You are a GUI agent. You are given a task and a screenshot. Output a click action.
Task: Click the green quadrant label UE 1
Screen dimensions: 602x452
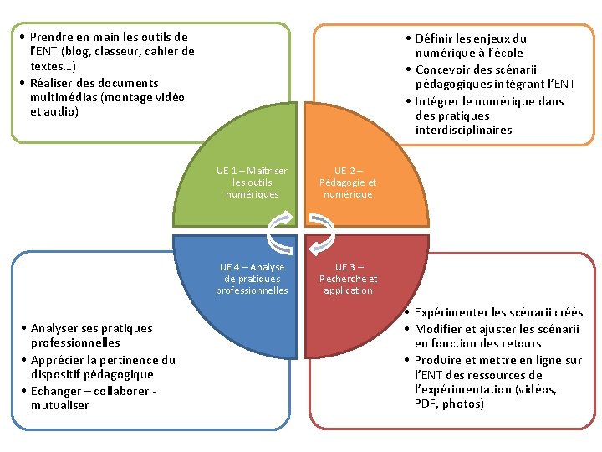tap(251, 182)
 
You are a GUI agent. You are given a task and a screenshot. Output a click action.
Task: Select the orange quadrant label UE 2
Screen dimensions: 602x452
tap(348, 182)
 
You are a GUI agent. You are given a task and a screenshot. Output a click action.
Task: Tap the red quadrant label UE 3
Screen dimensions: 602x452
tap(348, 279)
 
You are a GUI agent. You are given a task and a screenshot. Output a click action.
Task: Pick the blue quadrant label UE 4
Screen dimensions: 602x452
tap(252, 279)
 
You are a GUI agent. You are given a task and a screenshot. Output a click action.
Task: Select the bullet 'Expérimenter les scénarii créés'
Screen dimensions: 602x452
tap(498, 312)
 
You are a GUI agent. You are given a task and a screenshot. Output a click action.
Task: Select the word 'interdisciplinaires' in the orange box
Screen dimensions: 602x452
tap(463, 131)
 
